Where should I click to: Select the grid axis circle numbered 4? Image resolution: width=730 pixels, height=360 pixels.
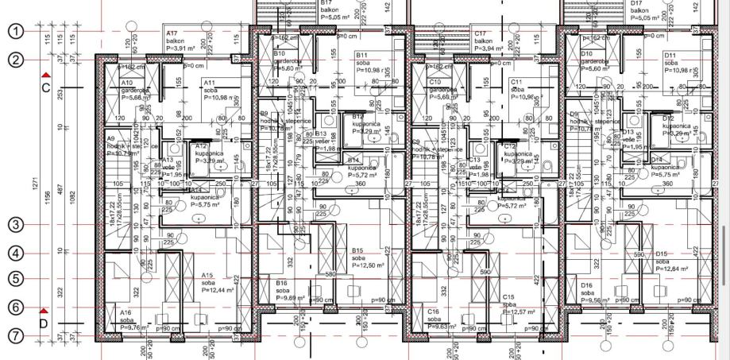pyautogui.click(x=16, y=254)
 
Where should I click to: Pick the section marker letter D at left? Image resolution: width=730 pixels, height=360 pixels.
pyautogui.click(x=44, y=323)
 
